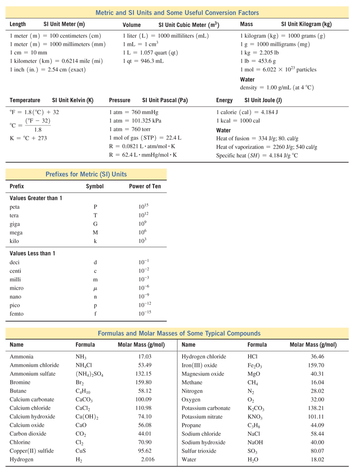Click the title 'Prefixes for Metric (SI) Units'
(x=86, y=174)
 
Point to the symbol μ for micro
(x=95, y=288)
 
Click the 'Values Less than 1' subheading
(x=32, y=253)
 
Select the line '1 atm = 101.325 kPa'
(x=135, y=121)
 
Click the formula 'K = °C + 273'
(x=28, y=138)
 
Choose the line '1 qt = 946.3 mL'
(x=143, y=61)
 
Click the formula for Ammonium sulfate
(x=89, y=374)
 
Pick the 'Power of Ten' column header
(x=145, y=186)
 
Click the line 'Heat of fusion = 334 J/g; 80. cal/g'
(x=257, y=138)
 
